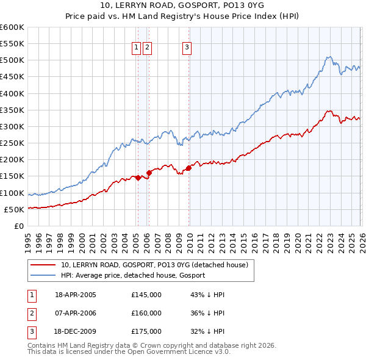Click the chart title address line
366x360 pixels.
click(x=182, y=5)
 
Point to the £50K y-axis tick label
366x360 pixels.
click(x=14, y=209)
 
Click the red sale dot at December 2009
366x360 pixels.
click(x=188, y=168)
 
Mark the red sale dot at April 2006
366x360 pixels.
click(x=149, y=173)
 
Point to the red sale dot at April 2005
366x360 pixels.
click(x=138, y=178)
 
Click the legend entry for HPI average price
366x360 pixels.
click(x=133, y=275)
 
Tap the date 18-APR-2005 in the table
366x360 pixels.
click(x=76, y=295)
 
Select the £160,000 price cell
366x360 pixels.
click(x=146, y=313)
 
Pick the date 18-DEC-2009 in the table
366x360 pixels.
click(x=76, y=331)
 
